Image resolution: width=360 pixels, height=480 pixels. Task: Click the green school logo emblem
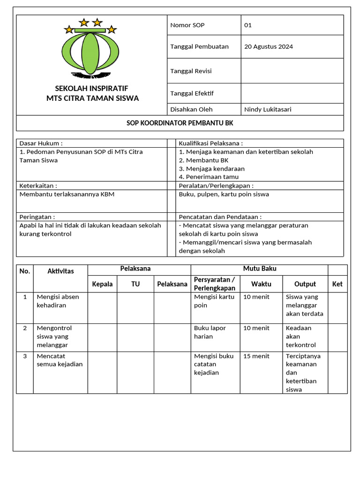point(90,49)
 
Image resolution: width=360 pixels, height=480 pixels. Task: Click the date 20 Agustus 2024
point(269,46)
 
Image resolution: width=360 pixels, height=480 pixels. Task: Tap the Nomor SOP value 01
point(248,25)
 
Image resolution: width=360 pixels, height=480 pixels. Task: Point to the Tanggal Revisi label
point(191,71)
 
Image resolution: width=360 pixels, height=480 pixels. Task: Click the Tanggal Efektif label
point(192,93)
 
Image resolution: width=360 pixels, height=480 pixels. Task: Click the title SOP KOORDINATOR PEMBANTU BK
point(180,123)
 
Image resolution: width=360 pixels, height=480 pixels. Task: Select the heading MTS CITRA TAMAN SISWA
point(92,98)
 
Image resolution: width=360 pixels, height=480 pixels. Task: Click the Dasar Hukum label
point(41,143)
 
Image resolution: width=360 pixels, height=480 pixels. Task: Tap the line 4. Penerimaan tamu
point(209,177)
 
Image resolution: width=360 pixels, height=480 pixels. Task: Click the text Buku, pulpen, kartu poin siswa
point(224,194)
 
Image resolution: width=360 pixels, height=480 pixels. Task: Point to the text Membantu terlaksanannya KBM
point(67,194)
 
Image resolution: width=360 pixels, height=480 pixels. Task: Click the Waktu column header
point(261,284)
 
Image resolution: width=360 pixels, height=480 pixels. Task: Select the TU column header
point(135,284)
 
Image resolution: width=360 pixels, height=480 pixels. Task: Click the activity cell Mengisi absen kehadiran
point(58,301)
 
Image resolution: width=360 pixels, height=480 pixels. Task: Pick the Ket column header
point(337,284)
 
